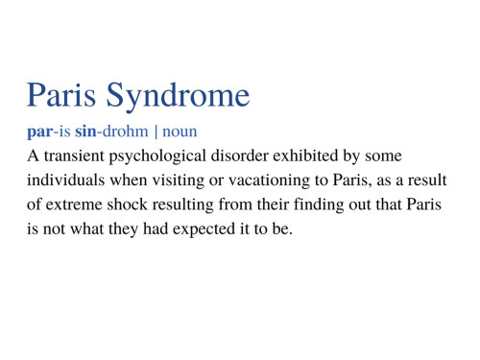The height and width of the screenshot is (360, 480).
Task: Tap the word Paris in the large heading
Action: tap(62, 95)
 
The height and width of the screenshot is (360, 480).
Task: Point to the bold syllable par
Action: tap(39, 131)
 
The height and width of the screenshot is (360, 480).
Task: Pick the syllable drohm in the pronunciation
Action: tap(125, 130)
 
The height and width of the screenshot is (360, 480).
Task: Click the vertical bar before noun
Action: tap(156, 130)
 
